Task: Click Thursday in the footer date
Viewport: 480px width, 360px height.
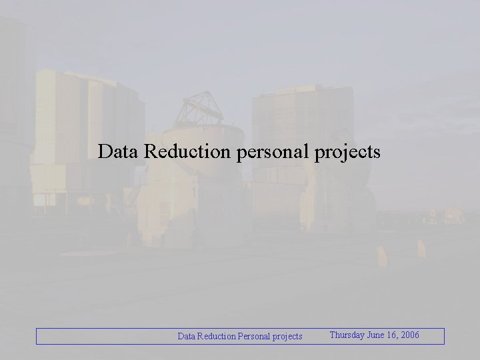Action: click(347, 335)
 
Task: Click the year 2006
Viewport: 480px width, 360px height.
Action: click(410, 335)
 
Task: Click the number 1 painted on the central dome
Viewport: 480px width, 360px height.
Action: click(194, 192)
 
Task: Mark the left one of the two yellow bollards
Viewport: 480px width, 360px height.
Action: click(381, 255)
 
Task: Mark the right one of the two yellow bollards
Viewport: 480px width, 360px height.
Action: click(421, 248)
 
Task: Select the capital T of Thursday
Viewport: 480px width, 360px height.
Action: click(333, 335)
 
